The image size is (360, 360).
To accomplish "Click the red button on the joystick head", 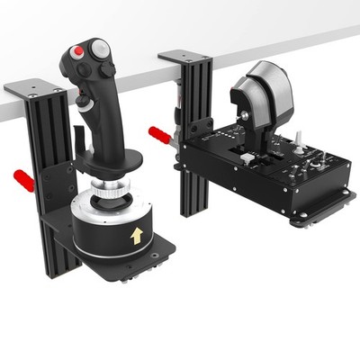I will tap(80, 52).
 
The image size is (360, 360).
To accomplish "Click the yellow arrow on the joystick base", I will tap(136, 236).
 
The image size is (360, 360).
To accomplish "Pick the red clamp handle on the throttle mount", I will tap(159, 136).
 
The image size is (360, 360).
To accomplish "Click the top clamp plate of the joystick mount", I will tap(34, 89).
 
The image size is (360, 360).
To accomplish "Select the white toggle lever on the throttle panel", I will tap(298, 142).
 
